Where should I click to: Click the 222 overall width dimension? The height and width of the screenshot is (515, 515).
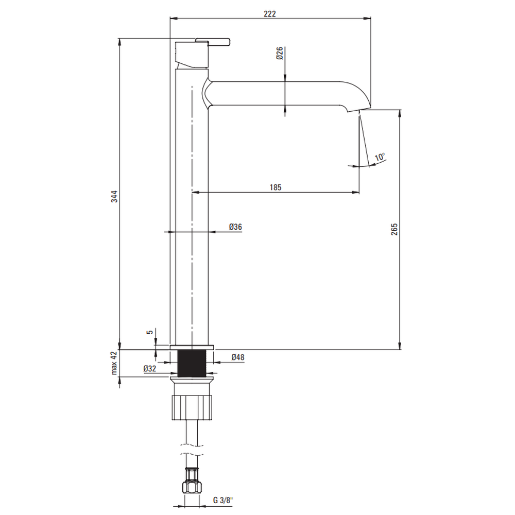270,14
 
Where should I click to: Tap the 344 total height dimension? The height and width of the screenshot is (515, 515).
114,196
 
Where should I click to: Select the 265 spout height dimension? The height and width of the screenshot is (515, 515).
394,229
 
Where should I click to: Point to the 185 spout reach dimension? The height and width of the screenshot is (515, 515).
276,187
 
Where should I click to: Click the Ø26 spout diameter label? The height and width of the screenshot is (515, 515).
280,53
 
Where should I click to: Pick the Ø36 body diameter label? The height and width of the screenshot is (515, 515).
235,227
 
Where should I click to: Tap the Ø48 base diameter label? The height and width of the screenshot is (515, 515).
238,357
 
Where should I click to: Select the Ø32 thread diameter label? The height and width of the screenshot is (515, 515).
150,369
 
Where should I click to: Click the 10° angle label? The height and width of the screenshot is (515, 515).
380,157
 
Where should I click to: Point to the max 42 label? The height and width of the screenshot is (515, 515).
114,363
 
